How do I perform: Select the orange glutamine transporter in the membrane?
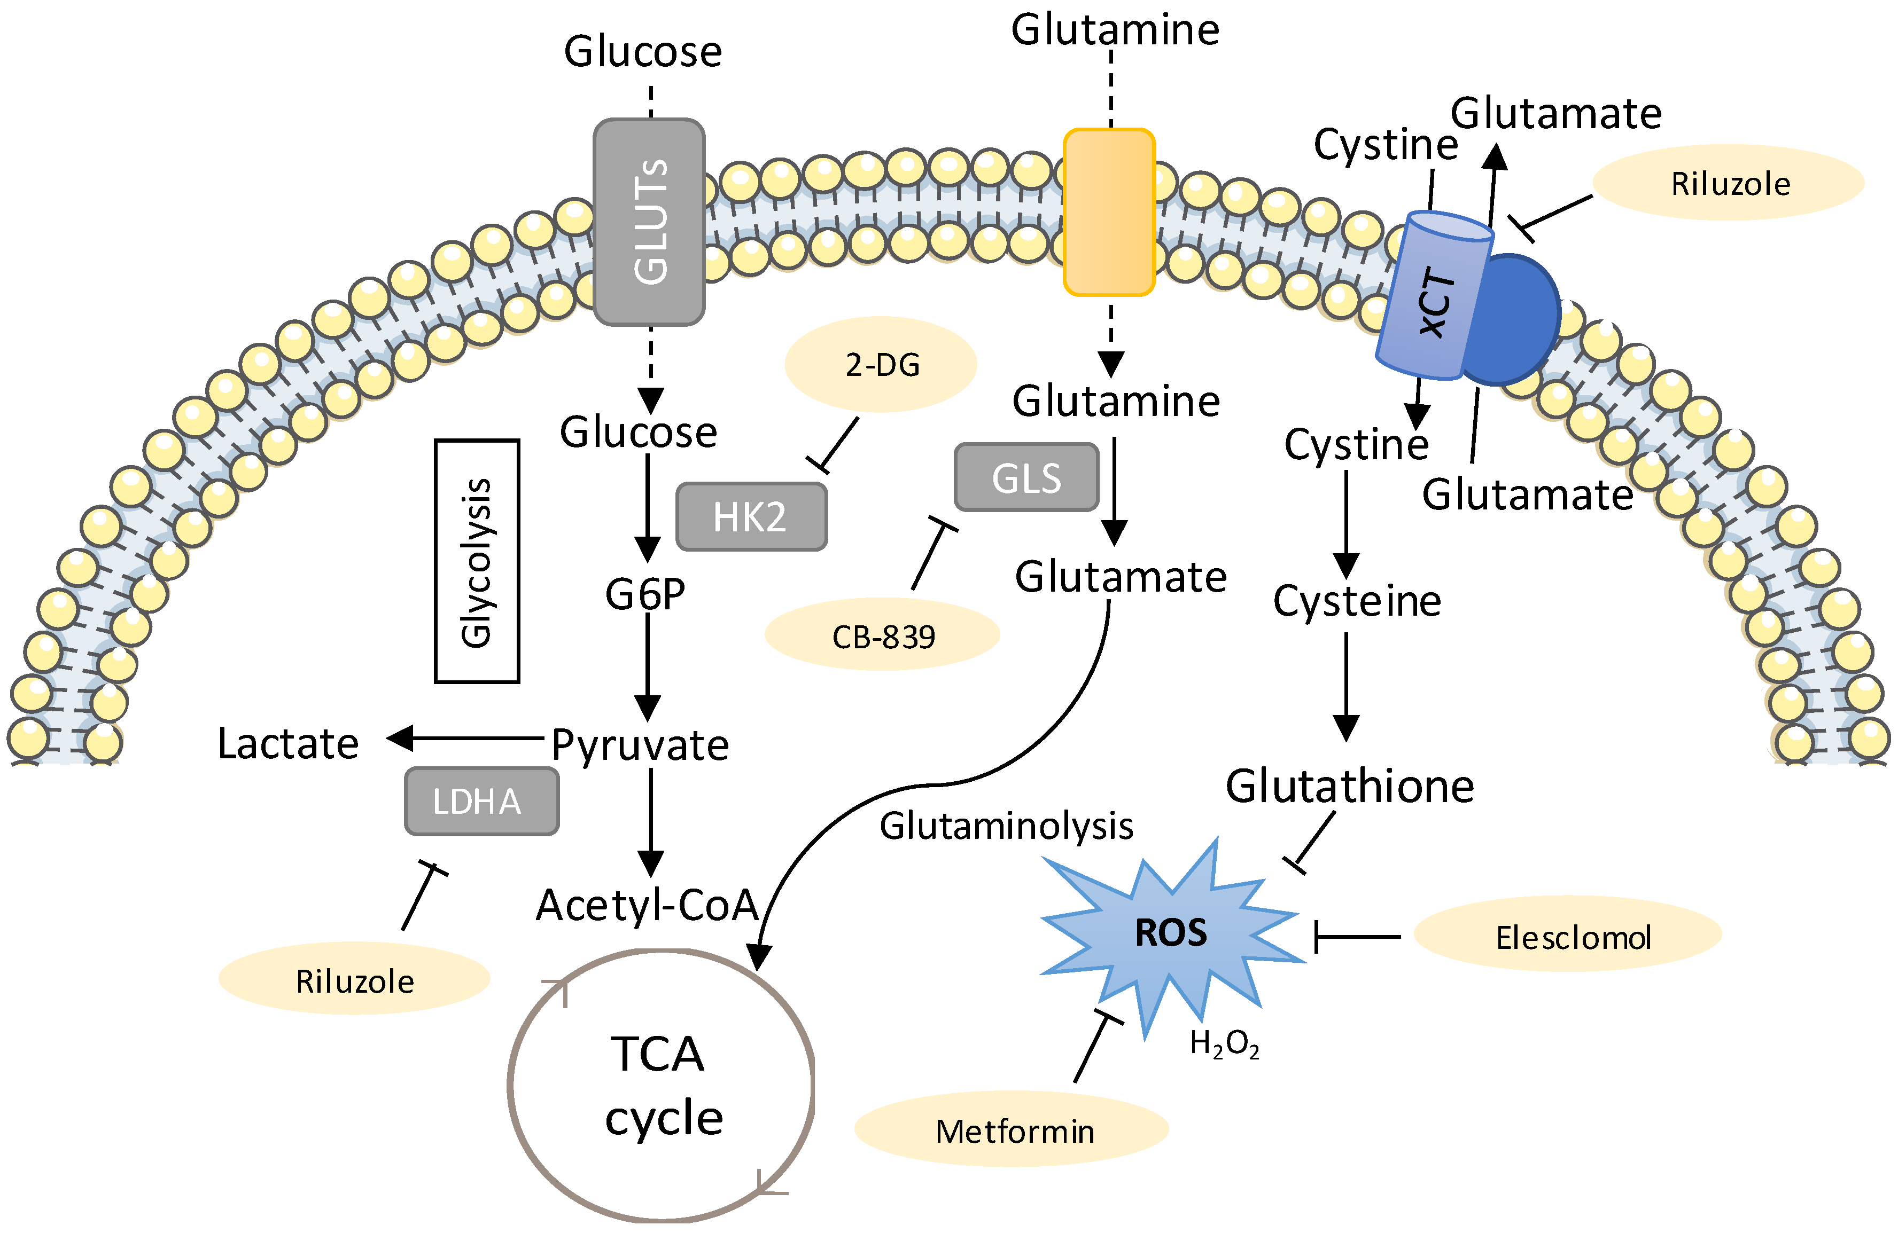coord(1109,212)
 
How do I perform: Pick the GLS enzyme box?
coord(1026,477)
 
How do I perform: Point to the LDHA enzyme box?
coord(481,801)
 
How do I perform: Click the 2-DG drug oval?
coord(881,365)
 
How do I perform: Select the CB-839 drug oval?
coord(883,636)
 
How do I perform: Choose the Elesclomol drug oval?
coord(1567,937)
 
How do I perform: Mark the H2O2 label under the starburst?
coord(1224,1043)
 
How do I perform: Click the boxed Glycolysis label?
coord(477,561)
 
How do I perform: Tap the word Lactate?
coord(288,744)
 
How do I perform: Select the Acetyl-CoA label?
coord(647,906)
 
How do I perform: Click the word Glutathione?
coord(1349,786)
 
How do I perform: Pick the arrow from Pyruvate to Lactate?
coord(466,739)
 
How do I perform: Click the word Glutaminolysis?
coord(1006,826)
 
